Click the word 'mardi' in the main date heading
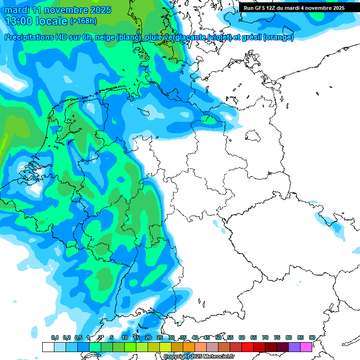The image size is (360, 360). pyautogui.click(x=17, y=10)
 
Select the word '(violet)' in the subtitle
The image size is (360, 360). pyautogui.click(x=222, y=37)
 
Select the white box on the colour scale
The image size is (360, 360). pyautogui.click(x=48, y=347)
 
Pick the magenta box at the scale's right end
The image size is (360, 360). pyautogui.click(x=306, y=347)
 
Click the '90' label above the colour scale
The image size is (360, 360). pyautogui.click(x=312, y=337)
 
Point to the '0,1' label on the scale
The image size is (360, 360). pyautogui.click(x=55, y=337)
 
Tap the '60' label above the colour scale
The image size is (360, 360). pyautogui.click(x=242, y=337)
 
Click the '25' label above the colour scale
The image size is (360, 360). pyautogui.click(x=160, y=337)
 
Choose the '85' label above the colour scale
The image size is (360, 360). pyautogui.click(x=300, y=337)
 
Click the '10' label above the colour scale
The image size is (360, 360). pyautogui.click(x=125, y=337)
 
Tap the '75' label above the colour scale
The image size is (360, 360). pyautogui.click(x=277, y=337)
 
